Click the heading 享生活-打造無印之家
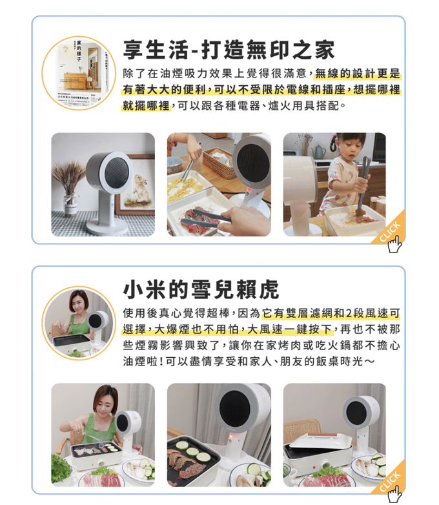point(229,48)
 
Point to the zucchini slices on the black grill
point(192,453)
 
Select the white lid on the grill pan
point(321,441)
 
